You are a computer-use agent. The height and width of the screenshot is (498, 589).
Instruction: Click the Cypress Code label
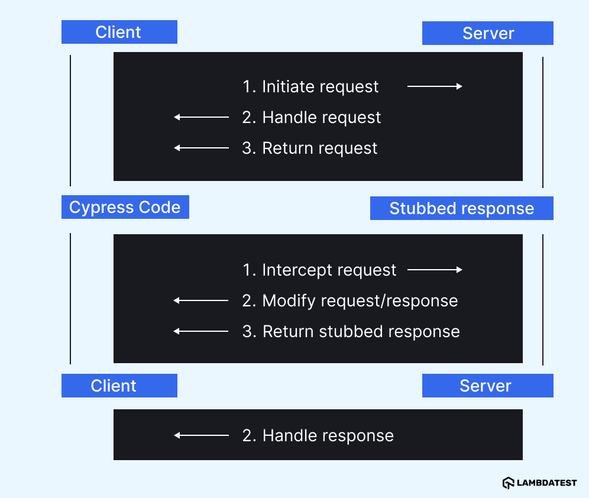click(x=125, y=208)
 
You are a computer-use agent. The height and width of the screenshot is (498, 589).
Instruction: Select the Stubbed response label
click(x=461, y=209)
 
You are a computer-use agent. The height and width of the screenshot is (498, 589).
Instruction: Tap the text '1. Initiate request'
click(x=310, y=86)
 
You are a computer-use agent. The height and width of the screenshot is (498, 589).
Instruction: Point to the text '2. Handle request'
click(x=312, y=117)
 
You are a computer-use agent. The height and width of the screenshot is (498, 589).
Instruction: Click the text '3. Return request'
click(x=310, y=148)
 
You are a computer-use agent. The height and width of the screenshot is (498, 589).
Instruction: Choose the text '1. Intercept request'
click(x=319, y=270)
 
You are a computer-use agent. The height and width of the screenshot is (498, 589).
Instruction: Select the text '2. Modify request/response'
click(x=350, y=300)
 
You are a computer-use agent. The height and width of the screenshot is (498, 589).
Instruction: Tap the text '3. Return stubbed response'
click(x=351, y=331)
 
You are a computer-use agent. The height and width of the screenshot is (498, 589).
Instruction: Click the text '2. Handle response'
click(x=318, y=436)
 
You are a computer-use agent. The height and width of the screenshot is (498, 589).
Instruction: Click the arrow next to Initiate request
click(x=435, y=86)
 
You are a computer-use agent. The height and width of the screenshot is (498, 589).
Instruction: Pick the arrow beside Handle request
click(x=202, y=117)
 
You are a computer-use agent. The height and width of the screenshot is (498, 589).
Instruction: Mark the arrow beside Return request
click(x=202, y=148)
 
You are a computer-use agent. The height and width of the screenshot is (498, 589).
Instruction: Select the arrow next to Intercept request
click(x=435, y=270)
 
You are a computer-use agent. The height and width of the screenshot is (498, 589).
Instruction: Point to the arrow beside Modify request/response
click(x=202, y=300)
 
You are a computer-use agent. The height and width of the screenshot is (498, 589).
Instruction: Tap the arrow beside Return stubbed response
click(x=202, y=331)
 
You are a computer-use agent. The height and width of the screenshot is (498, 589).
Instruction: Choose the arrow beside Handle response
click(x=202, y=436)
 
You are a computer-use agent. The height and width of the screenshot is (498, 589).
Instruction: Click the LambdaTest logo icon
click(x=508, y=483)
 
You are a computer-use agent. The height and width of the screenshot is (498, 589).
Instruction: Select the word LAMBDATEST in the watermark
click(x=547, y=483)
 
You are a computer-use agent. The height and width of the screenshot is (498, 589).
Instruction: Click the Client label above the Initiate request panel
click(x=119, y=32)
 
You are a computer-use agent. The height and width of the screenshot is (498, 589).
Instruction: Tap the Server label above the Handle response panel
click(x=487, y=386)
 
